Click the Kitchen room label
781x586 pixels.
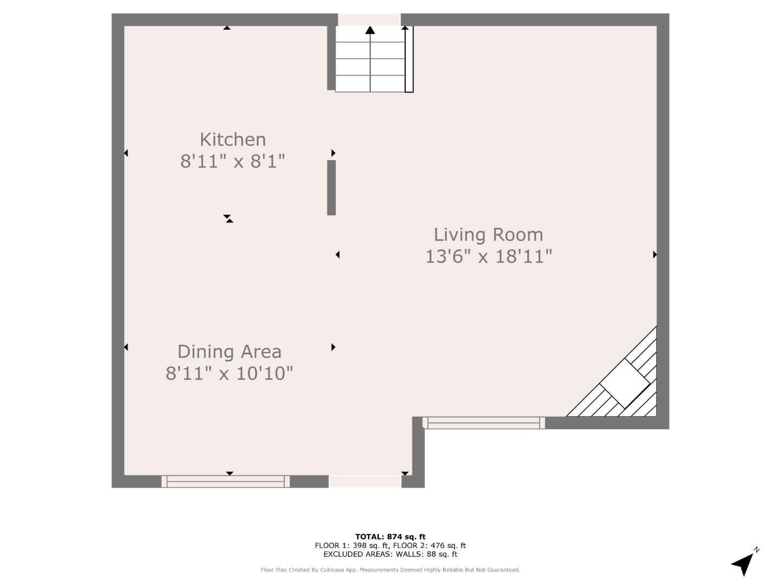coord(233,139)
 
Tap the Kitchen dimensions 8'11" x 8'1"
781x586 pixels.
coord(233,161)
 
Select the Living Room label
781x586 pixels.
coord(488,235)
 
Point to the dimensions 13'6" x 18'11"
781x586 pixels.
coord(489,257)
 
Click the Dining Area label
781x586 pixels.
coord(229,352)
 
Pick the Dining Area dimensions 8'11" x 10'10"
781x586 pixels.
coord(229,374)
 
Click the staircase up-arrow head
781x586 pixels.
coord(370,30)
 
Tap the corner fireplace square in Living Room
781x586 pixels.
coord(624,383)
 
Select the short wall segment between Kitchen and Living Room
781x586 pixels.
coord(331,188)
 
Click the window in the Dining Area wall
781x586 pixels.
coord(226,481)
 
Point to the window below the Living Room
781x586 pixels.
coord(484,423)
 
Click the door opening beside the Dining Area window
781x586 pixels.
coord(365,481)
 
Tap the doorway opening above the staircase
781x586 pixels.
coord(369,20)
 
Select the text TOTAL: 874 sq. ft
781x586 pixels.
coord(390,537)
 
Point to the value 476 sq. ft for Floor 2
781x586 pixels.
coord(448,545)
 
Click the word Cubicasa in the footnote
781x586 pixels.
coord(332,570)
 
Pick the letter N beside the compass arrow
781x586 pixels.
coord(757,550)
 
